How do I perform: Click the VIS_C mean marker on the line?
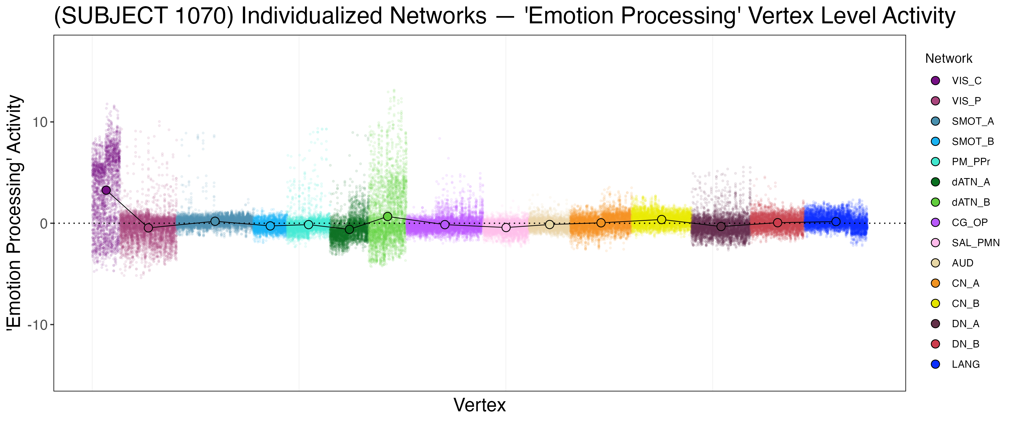[x=106, y=190]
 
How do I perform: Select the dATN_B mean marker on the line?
[x=388, y=216]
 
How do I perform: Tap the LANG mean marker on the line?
[x=836, y=222]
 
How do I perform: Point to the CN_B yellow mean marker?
[x=662, y=219]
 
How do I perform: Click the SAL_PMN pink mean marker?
[x=506, y=227]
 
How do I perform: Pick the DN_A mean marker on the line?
[x=721, y=226]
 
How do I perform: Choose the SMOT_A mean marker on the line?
[x=215, y=221]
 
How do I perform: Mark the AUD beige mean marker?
[x=549, y=225]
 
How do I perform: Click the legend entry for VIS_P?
[x=966, y=101]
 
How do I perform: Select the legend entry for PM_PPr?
[x=971, y=162]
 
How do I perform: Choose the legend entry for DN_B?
[x=965, y=344]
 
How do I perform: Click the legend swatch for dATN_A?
[x=936, y=182]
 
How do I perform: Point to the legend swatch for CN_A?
[x=936, y=283]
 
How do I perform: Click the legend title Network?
[x=949, y=59]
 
